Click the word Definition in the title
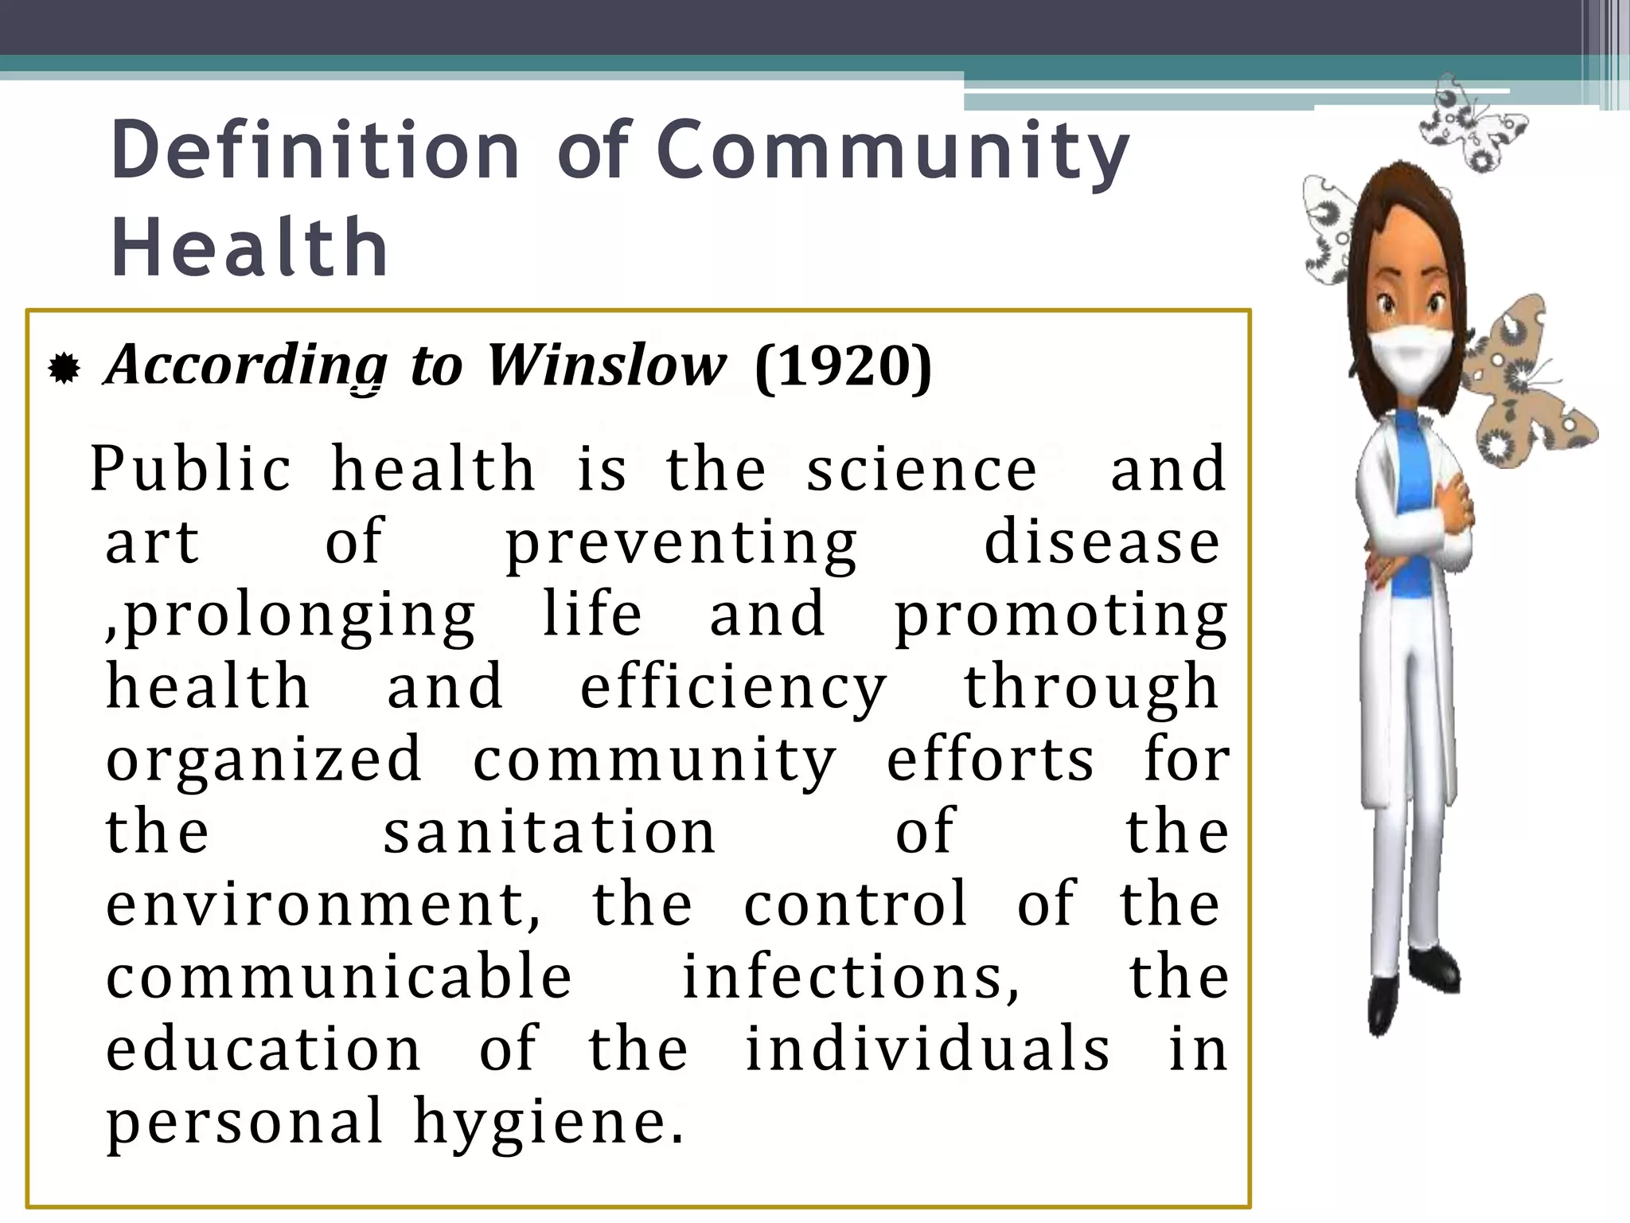(315, 150)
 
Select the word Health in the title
(249, 248)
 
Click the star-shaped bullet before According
(64, 369)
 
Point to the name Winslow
(606, 365)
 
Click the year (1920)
(842, 367)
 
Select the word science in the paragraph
(922, 469)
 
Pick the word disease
(1102, 542)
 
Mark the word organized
(263, 759)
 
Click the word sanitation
(549, 831)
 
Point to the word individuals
(927, 1049)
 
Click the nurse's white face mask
(1410, 359)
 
